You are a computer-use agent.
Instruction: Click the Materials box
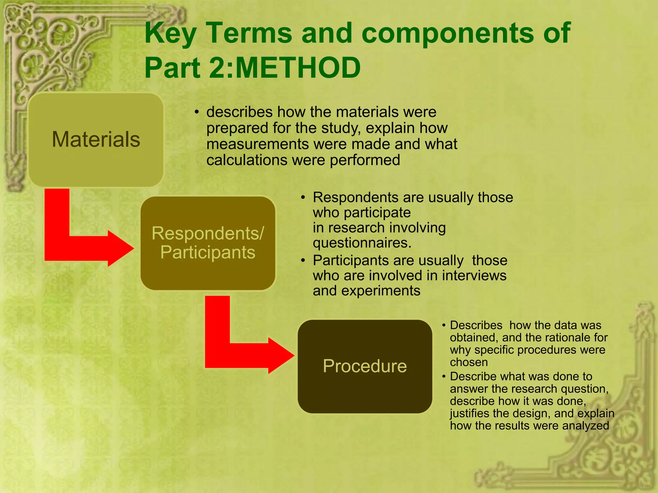[96, 140]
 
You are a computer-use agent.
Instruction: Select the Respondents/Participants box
[208, 243]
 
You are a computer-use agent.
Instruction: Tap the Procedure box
[365, 366]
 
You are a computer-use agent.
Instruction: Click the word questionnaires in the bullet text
[362, 243]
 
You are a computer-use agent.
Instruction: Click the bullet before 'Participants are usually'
[303, 261]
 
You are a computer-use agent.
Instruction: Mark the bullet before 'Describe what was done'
[444, 376]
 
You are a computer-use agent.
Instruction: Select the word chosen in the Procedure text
[469, 362]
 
